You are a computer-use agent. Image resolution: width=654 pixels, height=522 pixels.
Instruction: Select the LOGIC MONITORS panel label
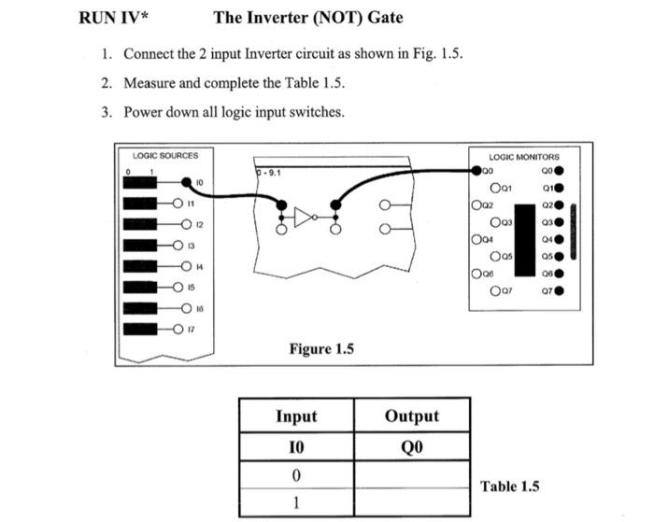click(523, 157)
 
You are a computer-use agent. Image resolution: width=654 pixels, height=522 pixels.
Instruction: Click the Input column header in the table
click(296, 416)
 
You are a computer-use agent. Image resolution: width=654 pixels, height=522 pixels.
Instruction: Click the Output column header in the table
click(411, 416)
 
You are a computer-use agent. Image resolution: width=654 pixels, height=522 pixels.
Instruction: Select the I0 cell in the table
click(296, 446)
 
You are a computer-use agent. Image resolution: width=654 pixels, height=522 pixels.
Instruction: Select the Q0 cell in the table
click(411, 446)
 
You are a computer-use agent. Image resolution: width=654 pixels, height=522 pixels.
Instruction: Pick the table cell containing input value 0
click(296, 475)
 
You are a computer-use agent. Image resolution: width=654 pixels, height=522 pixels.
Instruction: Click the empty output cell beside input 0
click(411, 475)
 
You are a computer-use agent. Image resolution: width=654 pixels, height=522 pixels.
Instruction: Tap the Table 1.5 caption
click(509, 486)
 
